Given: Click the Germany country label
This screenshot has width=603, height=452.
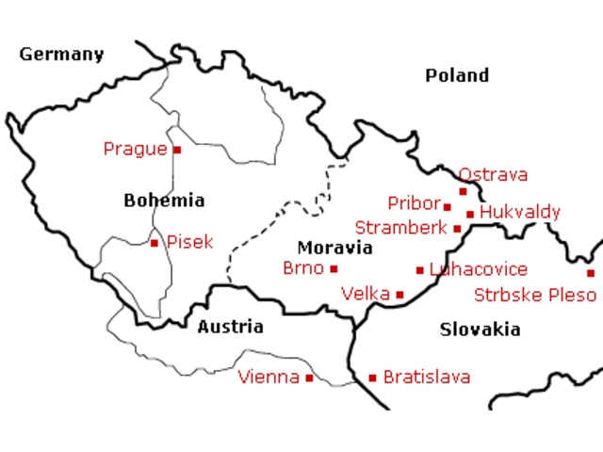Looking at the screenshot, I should pos(61,55).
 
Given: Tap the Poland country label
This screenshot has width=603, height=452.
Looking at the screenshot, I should pos(457,75).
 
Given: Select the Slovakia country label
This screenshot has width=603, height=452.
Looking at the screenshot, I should pos(480,330).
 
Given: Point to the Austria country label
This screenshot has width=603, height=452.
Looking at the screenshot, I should pos(230,328).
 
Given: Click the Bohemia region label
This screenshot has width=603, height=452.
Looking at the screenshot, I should pos(164,201).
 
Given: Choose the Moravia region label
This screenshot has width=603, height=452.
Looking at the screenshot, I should pos(334,249).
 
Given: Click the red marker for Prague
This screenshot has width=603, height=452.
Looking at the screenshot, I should pos(176,149).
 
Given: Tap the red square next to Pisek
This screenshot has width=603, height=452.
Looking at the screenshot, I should pos(155,243).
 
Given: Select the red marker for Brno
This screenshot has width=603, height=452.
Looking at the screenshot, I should pos(334,268).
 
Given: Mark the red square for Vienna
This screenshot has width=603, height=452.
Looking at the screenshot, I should pos(309,378).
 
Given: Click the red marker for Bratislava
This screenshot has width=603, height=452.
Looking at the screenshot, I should pos(372,378).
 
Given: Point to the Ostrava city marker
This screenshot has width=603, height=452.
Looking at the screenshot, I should pos(463,191).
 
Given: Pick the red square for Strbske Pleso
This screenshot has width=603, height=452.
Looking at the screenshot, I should pos(591,273).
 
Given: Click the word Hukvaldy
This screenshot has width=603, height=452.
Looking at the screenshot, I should pos(520,213).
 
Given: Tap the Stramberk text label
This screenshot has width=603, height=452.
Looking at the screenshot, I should pos(400,228).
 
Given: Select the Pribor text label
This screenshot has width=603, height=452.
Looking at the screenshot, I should pos(414,203).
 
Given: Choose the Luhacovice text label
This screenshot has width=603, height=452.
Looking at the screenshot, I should pos(479,270).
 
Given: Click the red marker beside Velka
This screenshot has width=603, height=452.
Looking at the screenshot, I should pos(399,295).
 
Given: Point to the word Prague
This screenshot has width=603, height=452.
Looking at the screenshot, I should pos(135,149).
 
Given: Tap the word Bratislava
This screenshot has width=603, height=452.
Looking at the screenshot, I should pos(427,378).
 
